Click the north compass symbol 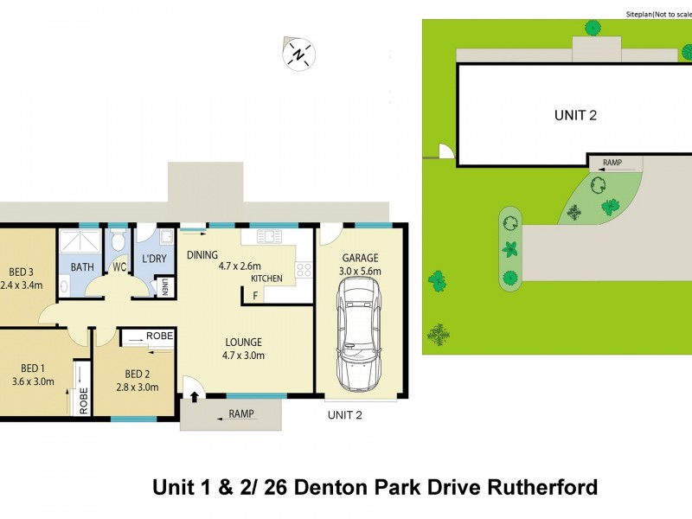coord(299,54)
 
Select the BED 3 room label coord(21,269)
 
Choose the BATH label coord(82,268)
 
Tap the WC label coord(119,268)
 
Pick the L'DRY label coord(155,259)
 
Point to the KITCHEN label coord(266,279)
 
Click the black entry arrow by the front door coord(194,398)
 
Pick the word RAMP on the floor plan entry coord(241,414)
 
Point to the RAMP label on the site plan coord(612,162)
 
